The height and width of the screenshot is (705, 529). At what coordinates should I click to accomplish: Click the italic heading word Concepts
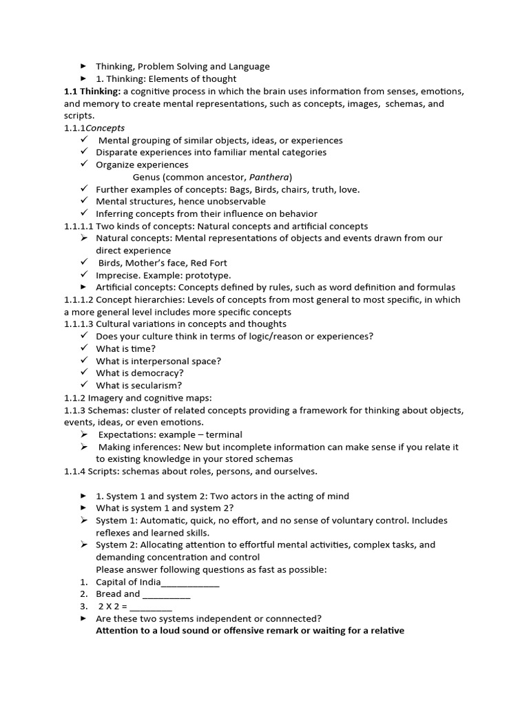(105, 128)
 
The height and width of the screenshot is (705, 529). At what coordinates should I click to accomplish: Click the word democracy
(158, 373)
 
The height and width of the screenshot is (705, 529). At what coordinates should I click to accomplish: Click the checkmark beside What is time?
(83, 348)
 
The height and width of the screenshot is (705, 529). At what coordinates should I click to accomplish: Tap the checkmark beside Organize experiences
(83, 165)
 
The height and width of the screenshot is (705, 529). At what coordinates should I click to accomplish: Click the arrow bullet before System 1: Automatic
(83, 520)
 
